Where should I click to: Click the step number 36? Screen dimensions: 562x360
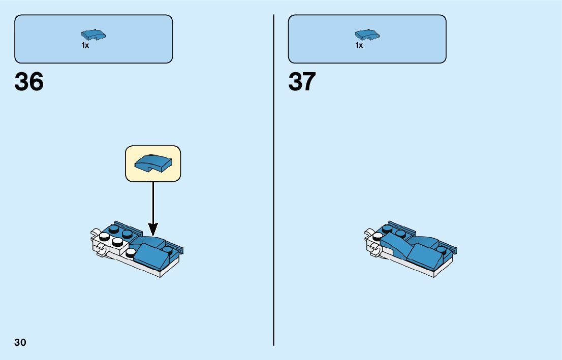(x=29, y=82)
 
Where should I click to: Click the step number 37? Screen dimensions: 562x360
(x=302, y=82)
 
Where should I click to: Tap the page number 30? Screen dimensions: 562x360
(x=20, y=342)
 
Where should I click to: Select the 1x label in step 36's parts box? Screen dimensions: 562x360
(x=85, y=46)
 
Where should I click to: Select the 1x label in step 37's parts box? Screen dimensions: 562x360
(x=359, y=46)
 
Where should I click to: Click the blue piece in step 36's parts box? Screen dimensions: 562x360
(x=93, y=35)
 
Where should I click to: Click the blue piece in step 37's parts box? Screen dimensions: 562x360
(x=367, y=35)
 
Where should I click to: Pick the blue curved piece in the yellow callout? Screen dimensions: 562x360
(x=152, y=162)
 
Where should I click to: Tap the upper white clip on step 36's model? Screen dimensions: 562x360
(x=96, y=235)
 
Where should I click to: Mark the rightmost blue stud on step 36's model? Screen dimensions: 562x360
(x=168, y=249)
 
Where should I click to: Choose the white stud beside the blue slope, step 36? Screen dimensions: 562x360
(x=132, y=252)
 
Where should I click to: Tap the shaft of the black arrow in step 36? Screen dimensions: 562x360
(x=153, y=203)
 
